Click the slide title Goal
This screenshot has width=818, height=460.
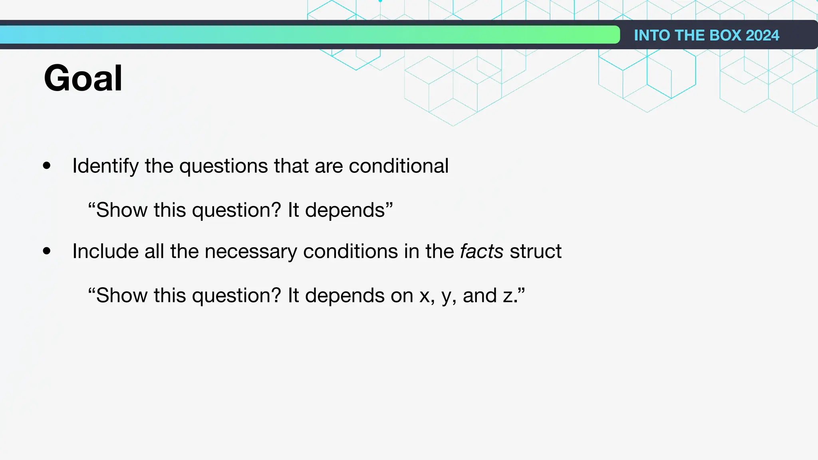pyautogui.click(x=83, y=78)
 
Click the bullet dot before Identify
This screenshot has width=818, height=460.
pyautogui.click(x=47, y=166)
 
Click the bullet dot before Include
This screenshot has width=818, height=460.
pyautogui.click(x=47, y=251)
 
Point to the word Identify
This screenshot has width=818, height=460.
pyautogui.click(x=105, y=166)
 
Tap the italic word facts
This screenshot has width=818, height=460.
pyautogui.click(x=481, y=252)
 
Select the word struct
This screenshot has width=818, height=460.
pyautogui.click(x=535, y=252)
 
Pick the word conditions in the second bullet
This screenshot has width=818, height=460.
pyautogui.click(x=350, y=252)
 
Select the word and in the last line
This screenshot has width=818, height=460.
pyautogui.click(x=479, y=296)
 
